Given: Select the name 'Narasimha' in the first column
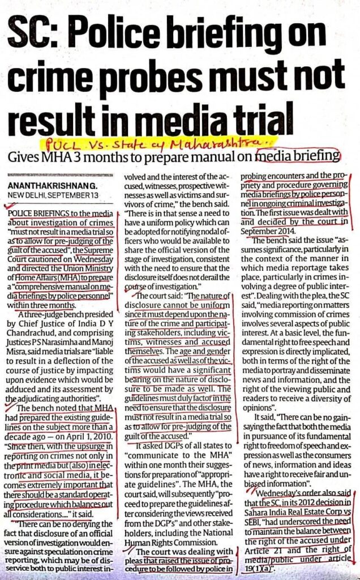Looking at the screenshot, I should pos(67,356).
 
